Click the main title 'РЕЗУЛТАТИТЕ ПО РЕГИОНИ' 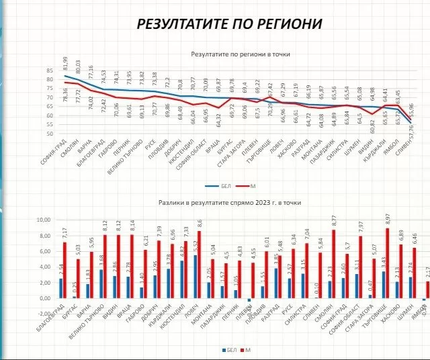[229, 24]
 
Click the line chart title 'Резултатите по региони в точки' [235, 52]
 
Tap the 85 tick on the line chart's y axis [49, 71]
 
